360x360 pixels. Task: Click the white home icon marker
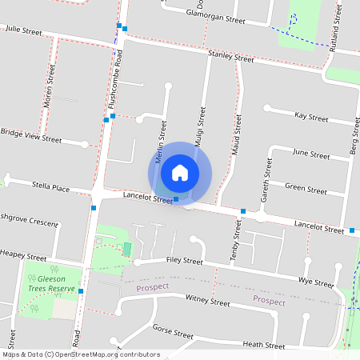pos(180,172)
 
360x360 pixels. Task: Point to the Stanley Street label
pos(230,56)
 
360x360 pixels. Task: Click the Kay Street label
pos(311,117)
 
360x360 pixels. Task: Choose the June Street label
pos(311,154)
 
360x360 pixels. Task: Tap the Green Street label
pos(306,190)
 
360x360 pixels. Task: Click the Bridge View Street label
pos(31,136)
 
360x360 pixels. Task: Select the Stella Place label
pos(50,187)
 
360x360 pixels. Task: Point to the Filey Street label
pos(185,261)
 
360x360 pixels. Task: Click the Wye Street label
pos(315,282)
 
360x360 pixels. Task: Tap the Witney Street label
pos(207,302)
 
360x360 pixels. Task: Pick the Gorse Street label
pos(174,332)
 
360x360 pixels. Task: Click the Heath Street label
pos(263,345)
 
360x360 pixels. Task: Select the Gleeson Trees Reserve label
pos(50,284)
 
